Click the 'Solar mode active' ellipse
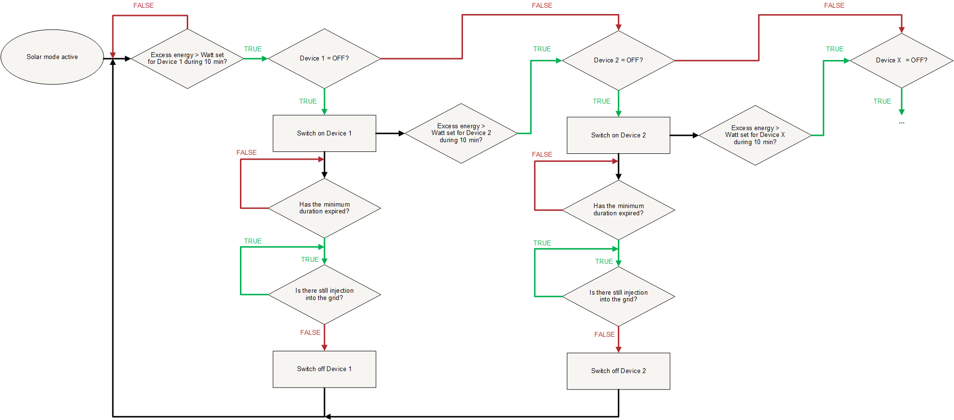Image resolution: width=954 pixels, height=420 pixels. (x=52, y=57)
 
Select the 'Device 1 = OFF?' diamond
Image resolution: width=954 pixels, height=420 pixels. (x=324, y=59)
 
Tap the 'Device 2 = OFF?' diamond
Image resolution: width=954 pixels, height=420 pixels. (x=618, y=60)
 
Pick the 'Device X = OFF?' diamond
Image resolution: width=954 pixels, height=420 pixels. (x=902, y=60)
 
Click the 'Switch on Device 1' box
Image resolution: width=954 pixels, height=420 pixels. (x=324, y=133)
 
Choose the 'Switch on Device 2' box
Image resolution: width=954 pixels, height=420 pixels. (x=618, y=135)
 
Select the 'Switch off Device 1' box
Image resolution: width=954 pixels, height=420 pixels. (x=324, y=369)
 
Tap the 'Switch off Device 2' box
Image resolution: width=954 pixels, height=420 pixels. (x=618, y=371)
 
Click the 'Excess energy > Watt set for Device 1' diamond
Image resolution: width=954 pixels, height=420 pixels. (x=187, y=59)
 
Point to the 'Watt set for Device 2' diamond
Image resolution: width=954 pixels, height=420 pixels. (x=461, y=133)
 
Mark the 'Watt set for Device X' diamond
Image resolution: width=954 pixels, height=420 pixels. (x=755, y=135)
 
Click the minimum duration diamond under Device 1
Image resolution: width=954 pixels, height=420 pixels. (x=324, y=208)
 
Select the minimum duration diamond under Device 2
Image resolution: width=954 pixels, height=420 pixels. (x=618, y=210)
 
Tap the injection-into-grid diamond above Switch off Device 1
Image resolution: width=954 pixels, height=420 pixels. (x=324, y=294)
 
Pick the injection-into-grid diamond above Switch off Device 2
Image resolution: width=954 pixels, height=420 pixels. (x=618, y=296)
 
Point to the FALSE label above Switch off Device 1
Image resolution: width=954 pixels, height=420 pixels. (x=310, y=332)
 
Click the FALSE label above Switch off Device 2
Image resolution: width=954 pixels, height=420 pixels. (x=604, y=334)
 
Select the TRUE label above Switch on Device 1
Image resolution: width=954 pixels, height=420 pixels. (x=308, y=101)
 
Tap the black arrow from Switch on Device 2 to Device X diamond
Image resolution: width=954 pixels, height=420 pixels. (x=685, y=135)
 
